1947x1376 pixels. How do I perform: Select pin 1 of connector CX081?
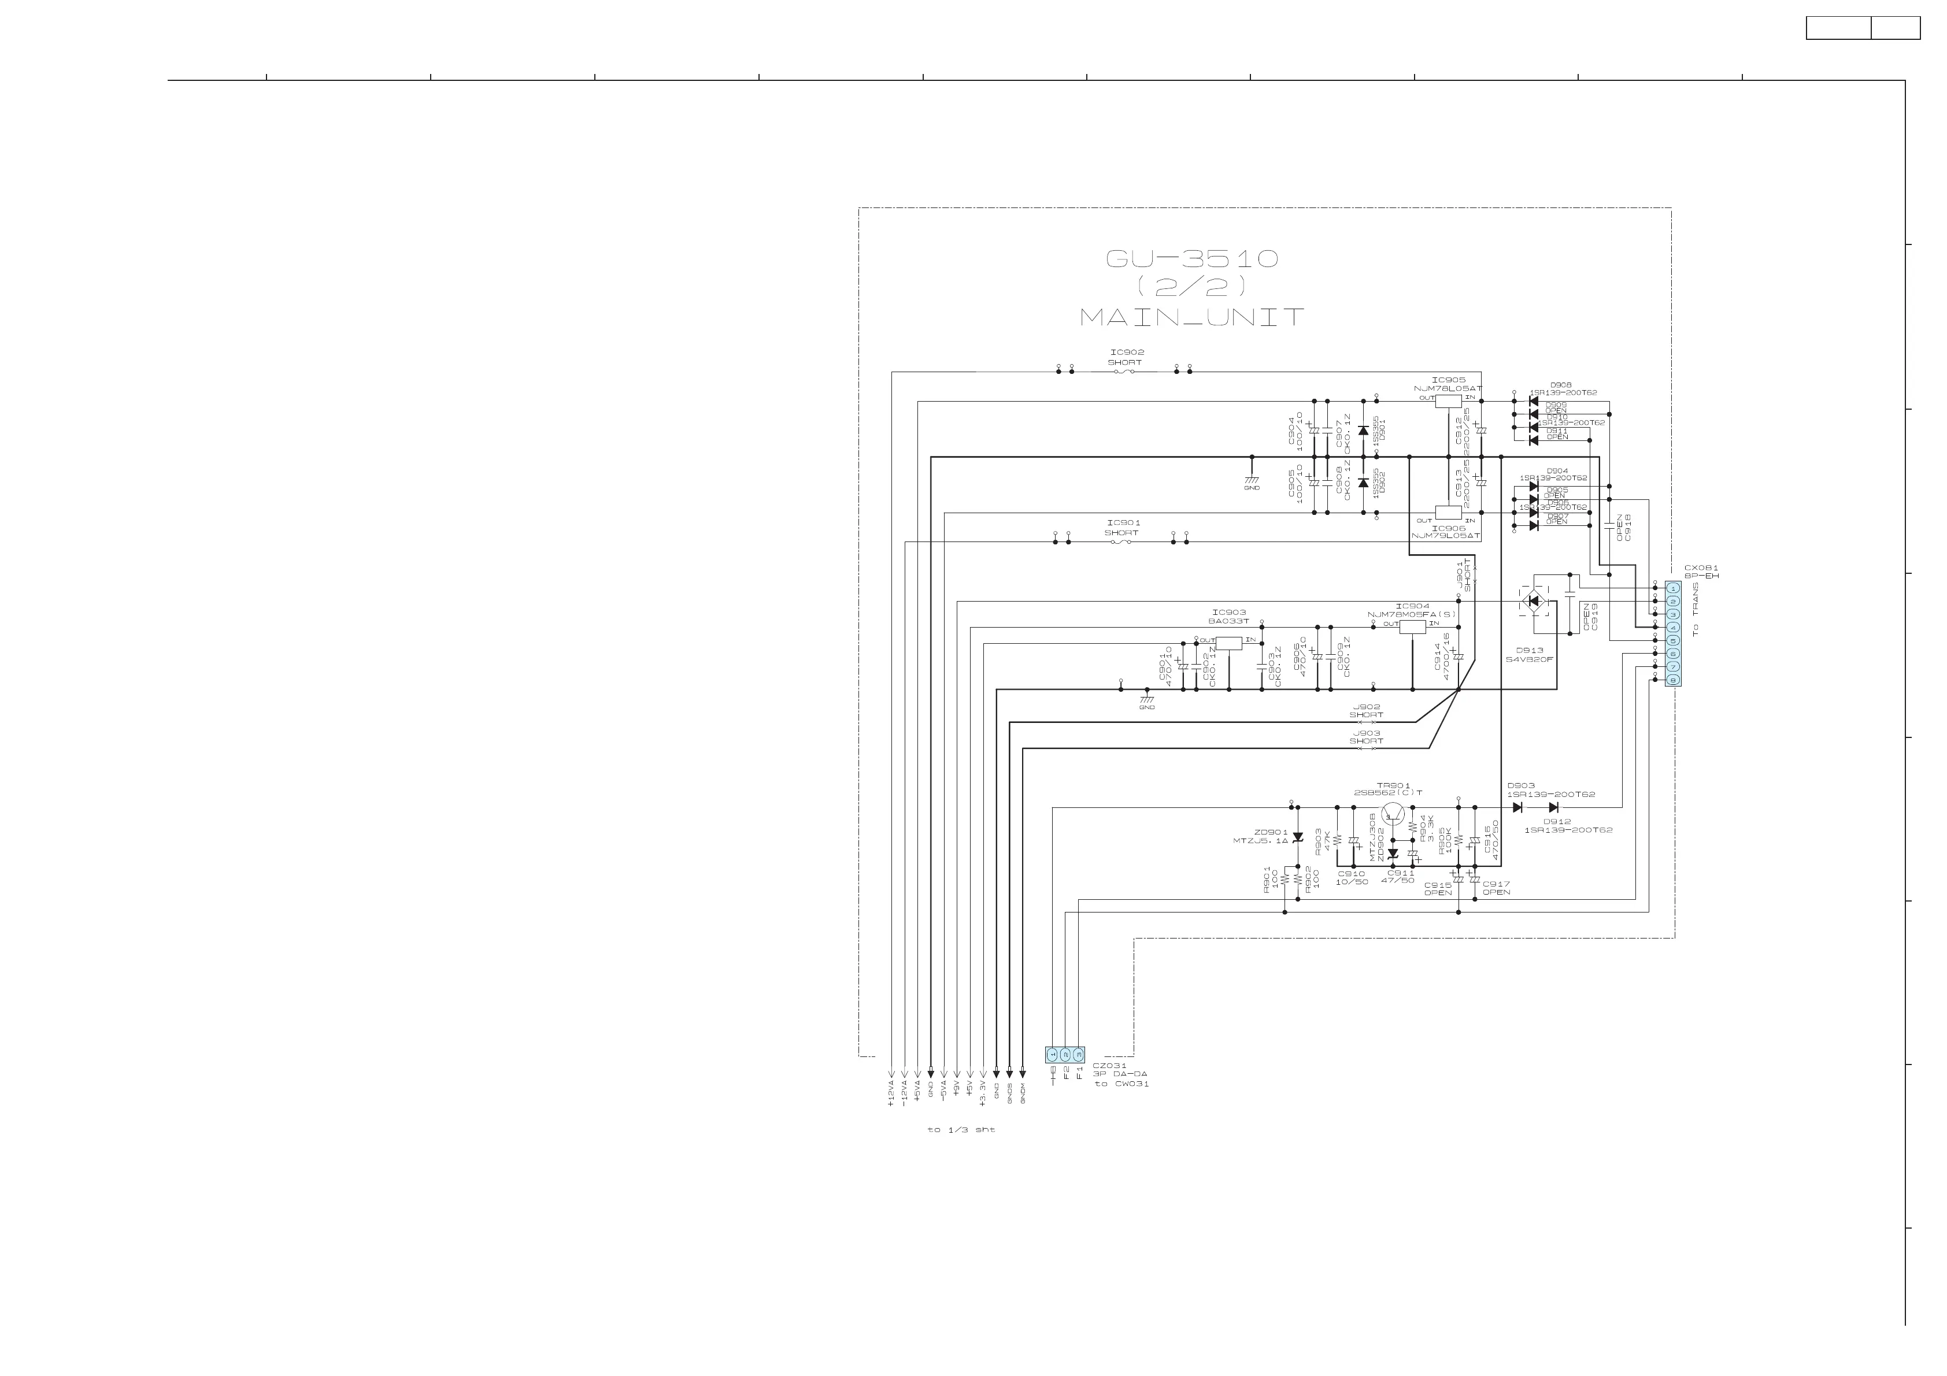1672,588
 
